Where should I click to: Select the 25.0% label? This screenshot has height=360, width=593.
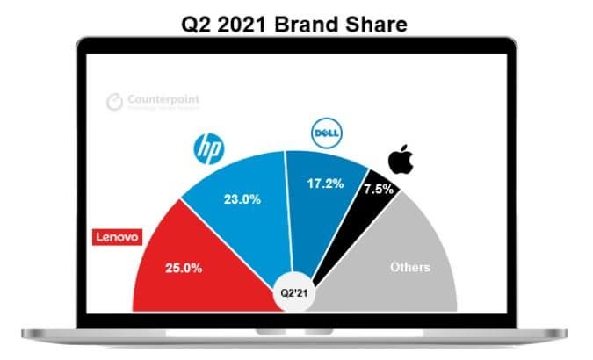click(184, 267)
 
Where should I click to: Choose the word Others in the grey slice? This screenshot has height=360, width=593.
click(409, 266)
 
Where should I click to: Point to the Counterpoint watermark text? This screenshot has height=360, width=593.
click(165, 99)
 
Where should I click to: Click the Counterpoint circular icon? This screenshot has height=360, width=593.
click(115, 103)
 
